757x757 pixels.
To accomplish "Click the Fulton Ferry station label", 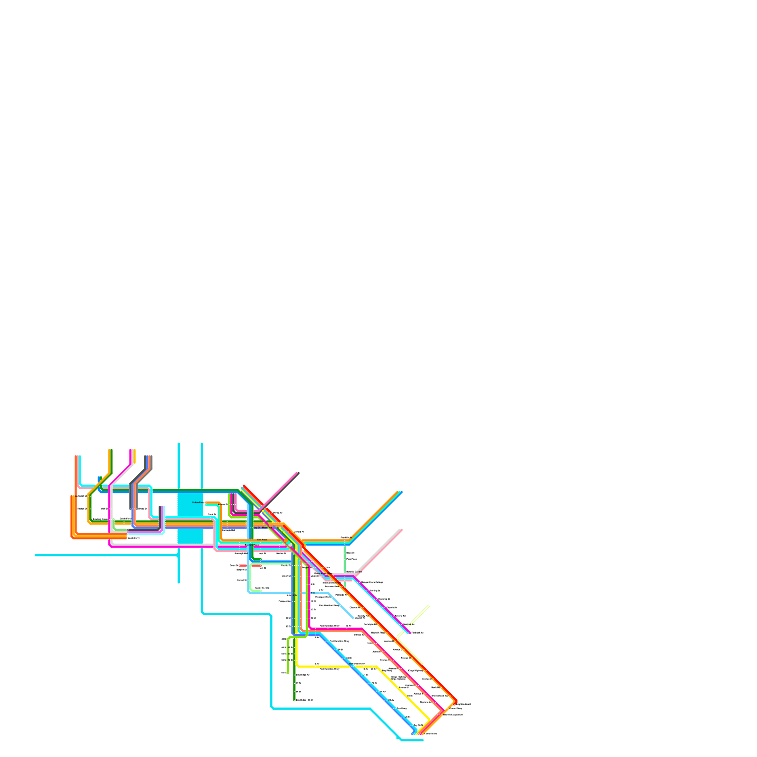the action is [x=198, y=502].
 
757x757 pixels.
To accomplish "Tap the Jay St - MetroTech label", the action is [x=263, y=527].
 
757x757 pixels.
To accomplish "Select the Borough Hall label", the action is [x=229, y=530].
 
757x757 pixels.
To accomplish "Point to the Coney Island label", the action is [x=431, y=734].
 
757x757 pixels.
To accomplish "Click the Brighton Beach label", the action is [x=464, y=704].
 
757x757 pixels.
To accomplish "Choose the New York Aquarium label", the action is [x=453, y=714].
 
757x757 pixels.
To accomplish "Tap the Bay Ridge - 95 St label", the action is [x=304, y=700].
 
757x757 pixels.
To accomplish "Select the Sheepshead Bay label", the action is [x=440, y=695].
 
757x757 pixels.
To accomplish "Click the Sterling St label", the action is [x=375, y=590].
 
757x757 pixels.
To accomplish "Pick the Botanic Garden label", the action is [x=354, y=572].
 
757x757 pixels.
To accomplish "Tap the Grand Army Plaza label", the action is [x=323, y=573].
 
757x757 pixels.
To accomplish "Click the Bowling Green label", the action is [x=100, y=519].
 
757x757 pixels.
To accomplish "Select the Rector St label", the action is [x=82, y=509].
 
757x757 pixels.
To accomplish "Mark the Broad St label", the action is [x=142, y=509].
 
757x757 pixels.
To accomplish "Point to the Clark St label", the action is [x=211, y=514].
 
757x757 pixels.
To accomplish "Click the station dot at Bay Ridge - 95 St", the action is [x=294, y=700].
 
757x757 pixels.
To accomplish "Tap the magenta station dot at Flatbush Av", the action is [x=409, y=633].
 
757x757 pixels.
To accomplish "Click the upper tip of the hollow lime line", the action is [x=429, y=606].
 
